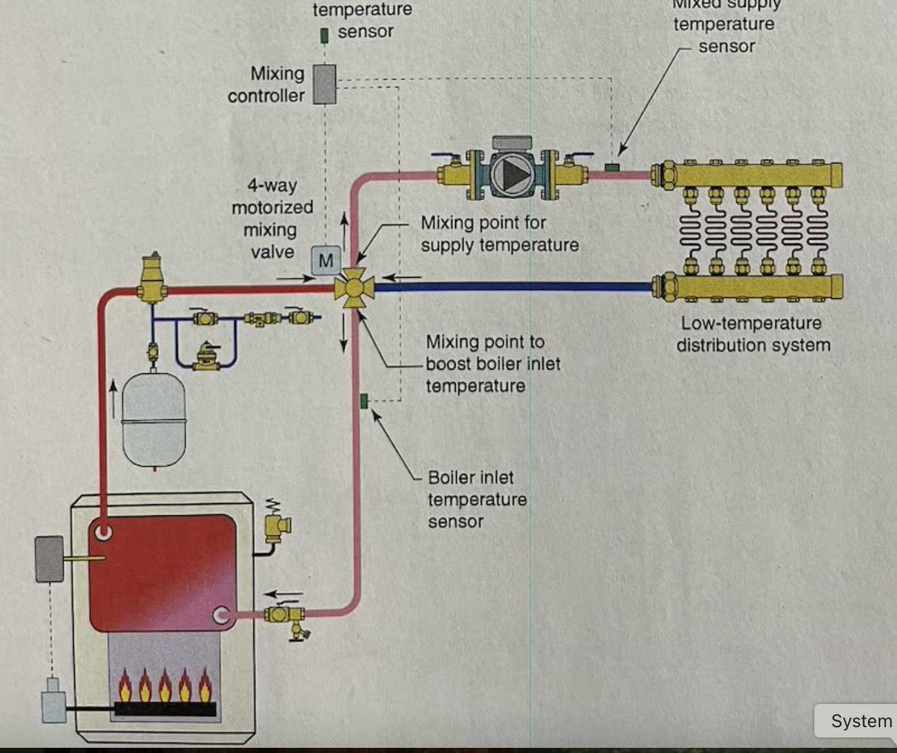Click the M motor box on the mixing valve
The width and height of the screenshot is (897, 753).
[326, 260]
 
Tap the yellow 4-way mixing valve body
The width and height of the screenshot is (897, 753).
[354, 288]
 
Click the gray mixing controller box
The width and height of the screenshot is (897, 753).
[324, 84]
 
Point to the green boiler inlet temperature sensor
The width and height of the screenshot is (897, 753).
[364, 401]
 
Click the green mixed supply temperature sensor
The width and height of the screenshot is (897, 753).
[611, 168]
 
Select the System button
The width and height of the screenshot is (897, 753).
[860, 721]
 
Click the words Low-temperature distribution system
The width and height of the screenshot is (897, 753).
[753, 334]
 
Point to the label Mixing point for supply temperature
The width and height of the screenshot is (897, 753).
[499, 234]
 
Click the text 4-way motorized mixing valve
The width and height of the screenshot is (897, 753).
[272, 218]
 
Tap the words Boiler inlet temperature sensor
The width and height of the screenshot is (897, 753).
[476, 499]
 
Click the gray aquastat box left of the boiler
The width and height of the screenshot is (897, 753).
[50, 559]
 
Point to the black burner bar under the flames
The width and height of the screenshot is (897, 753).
[165, 708]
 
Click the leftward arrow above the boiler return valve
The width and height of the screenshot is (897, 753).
[284, 593]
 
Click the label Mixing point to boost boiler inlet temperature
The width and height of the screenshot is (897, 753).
[492, 364]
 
